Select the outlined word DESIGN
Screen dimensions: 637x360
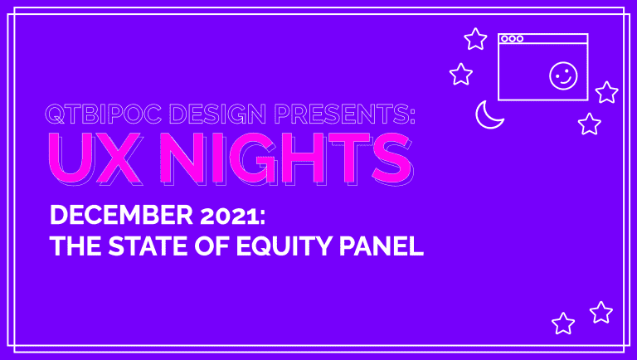tap(218, 114)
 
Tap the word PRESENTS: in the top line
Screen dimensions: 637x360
tap(345, 114)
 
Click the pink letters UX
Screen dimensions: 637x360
tap(95, 157)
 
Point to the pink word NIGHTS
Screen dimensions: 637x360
tap(285, 157)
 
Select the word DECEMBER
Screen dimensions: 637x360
tap(121, 215)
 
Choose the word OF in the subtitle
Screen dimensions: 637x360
tap(212, 246)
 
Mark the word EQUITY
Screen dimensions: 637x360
tap(284, 246)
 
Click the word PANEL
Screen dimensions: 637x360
tap(382, 246)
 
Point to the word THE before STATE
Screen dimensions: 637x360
tap(75, 246)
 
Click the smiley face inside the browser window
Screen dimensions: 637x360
tap(563, 75)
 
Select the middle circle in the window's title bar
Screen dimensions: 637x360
tap(513, 39)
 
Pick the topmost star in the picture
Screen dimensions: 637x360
tap(475, 39)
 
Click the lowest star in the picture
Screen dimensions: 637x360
tap(563, 324)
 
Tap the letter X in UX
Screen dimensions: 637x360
tap(118, 157)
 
